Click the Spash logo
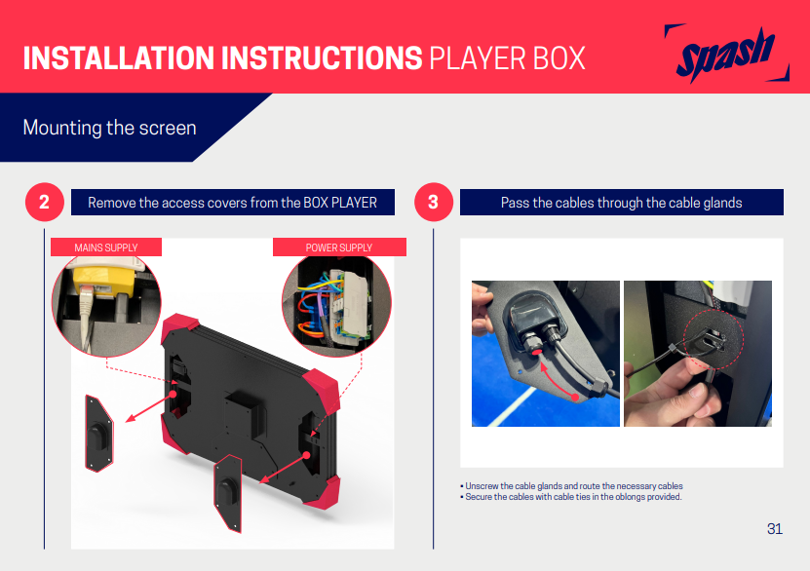point(726,54)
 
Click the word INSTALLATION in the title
point(118,57)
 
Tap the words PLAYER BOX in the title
point(507,57)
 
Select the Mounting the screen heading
point(109,128)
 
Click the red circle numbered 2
point(45,202)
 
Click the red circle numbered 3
point(434,202)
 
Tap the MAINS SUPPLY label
point(106,247)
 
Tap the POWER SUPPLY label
point(339,247)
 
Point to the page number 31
point(774,529)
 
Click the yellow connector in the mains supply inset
point(104,283)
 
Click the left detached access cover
point(99,434)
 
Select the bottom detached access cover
point(228,492)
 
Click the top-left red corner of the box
point(179,325)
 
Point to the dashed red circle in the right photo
point(714,339)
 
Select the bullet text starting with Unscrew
point(571,486)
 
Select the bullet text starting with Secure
point(571,497)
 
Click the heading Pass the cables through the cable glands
point(622,203)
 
